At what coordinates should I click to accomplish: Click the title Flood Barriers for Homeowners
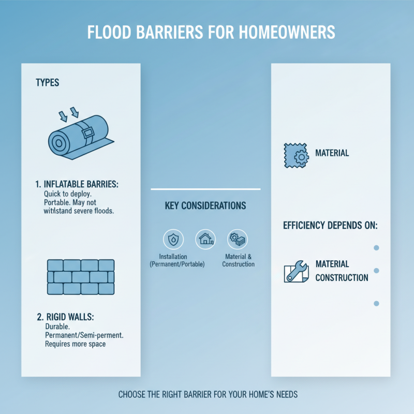point(207,32)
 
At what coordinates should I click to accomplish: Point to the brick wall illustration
point(80,277)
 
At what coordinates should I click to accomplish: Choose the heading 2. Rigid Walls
point(69,317)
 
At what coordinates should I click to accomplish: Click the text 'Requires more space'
point(75,344)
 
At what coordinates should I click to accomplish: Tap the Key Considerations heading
point(205,206)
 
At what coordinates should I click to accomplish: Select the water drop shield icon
point(172,239)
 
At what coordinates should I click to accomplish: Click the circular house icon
point(205,239)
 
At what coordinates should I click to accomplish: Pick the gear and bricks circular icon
point(238,239)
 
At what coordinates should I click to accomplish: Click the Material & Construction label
point(238,260)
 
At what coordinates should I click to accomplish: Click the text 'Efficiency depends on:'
point(330,226)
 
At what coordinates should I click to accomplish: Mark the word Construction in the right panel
point(342,278)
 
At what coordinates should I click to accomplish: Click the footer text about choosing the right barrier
point(208,395)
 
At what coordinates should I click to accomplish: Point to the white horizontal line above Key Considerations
point(205,189)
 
